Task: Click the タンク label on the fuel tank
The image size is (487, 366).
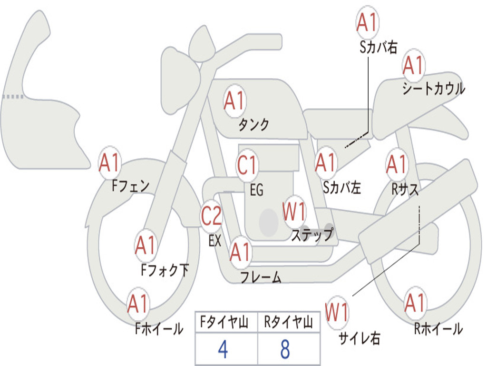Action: click(253, 125)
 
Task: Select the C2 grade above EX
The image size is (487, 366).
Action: click(212, 216)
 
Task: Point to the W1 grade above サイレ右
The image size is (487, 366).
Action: click(337, 313)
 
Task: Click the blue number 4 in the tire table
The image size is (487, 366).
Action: click(223, 350)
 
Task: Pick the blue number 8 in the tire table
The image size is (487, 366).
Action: click(285, 350)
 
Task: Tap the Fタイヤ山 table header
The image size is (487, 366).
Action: click(223, 323)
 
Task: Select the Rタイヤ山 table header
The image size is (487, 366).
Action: click(288, 323)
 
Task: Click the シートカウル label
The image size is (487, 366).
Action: click(433, 89)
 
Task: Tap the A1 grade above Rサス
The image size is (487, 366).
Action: click(397, 164)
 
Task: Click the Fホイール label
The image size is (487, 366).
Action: click(159, 328)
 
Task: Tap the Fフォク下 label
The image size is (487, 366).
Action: click(165, 270)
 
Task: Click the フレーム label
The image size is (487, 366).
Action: click(261, 277)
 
